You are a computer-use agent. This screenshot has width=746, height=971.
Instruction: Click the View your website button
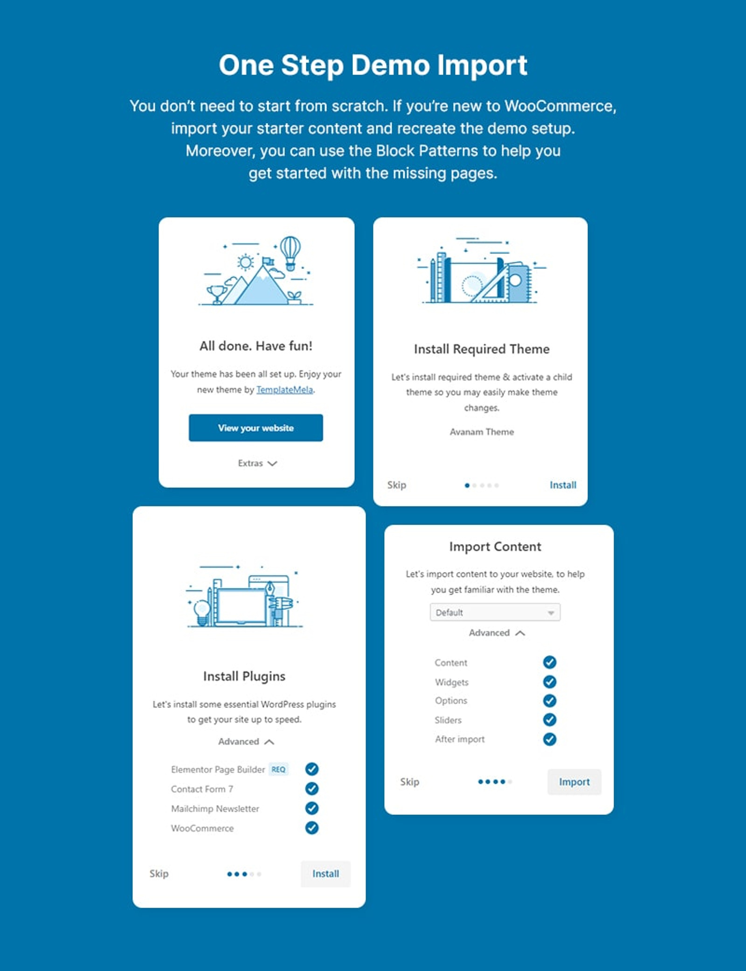[x=256, y=428]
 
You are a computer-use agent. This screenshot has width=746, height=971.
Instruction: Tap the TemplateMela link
[x=284, y=390]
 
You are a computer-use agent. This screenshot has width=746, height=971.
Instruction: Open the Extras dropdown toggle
[x=257, y=463]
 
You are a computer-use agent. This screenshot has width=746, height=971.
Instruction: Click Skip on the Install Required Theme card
[x=397, y=485]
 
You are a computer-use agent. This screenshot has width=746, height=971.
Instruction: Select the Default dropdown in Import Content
[x=495, y=612]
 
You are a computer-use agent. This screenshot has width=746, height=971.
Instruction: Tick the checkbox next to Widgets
[x=550, y=682]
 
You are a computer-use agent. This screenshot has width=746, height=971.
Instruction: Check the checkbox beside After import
[x=550, y=739]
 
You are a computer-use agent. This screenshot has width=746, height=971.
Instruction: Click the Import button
[x=574, y=782]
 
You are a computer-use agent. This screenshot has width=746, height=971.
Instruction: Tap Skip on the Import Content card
[x=409, y=782]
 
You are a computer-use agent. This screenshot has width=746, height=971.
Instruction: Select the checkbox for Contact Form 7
[x=312, y=788]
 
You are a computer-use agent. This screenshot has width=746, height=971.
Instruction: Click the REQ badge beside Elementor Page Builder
[x=278, y=769]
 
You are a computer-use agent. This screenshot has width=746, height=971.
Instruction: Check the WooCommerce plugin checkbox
[x=312, y=827]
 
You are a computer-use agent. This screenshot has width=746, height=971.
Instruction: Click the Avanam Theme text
[x=482, y=432]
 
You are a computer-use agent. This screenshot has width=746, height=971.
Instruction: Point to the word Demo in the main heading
[x=390, y=65]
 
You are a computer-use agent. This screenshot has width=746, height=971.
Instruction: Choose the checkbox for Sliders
[x=550, y=720]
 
